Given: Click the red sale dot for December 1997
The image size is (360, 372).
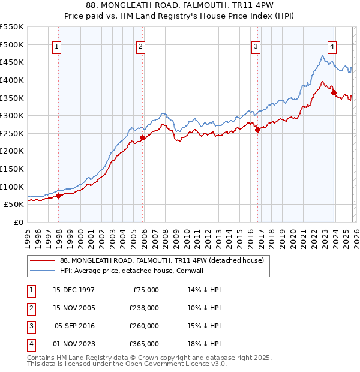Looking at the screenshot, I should coord(58,195).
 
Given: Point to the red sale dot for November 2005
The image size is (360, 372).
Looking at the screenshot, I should coord(142,137).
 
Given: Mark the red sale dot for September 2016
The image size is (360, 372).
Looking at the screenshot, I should coord(257,130).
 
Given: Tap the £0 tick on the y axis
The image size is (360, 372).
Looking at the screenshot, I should coord(18,222).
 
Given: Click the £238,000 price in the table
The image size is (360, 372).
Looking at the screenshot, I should coord(144,308).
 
